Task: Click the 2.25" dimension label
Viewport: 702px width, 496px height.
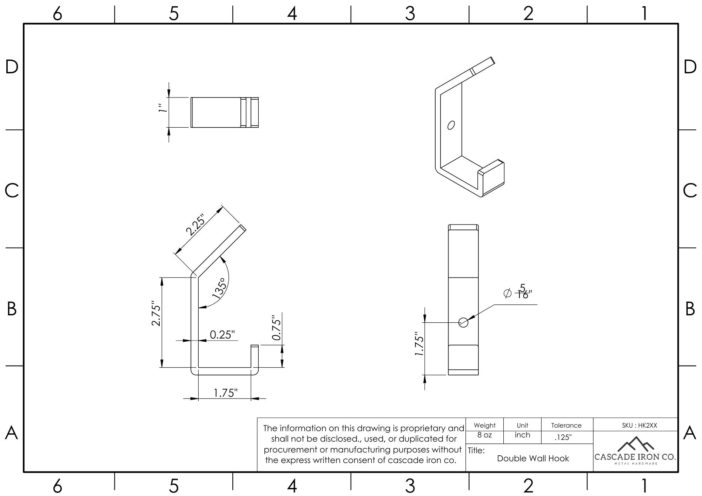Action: click(x=195, y=224)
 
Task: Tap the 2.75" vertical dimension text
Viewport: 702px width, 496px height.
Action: click(x=156, y=313)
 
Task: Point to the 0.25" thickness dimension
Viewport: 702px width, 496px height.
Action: click(x=222, y=335)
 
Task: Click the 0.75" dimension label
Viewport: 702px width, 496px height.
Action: click(x=277, y=327)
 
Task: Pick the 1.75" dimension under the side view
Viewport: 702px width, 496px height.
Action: click(x=225, y=393)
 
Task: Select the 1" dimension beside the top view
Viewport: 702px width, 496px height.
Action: click(x=162, y=108)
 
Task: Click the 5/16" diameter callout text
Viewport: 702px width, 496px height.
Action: click(x=522, y=292)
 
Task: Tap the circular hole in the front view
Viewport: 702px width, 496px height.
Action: click(x=463, y=322)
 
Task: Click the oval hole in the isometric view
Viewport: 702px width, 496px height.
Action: click(x=451, y=125)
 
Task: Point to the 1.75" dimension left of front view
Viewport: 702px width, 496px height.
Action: click(x=419, y=344)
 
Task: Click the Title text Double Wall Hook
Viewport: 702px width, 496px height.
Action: click(x=533, y=458)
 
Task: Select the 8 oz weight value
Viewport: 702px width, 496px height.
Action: click(x=484, y=435)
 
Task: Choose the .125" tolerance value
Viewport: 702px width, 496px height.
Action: click(x=563, y=437)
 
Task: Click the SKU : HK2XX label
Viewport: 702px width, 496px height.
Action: click(x=639, y=425)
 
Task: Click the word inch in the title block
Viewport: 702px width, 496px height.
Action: click(x=522, y=435)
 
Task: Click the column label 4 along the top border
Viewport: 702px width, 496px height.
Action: click(x=292, y=14)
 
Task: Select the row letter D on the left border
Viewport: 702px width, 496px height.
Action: click(x=12, y=67)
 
